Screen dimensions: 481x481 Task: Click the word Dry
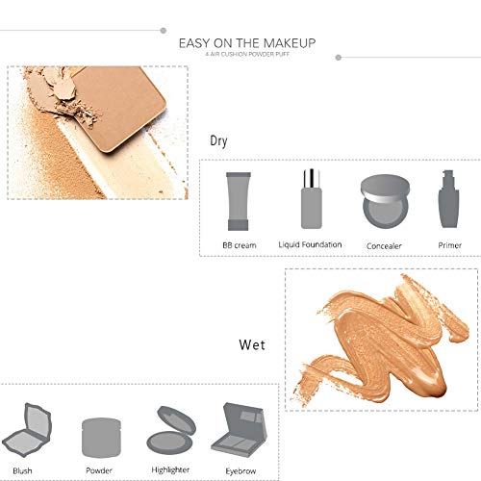click(219, 140)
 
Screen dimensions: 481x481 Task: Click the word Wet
click(252, 343)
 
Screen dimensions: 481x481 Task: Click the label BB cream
click(239, 245)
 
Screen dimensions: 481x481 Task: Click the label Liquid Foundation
click(310, 244)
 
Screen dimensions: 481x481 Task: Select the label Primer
click(447, 245)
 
